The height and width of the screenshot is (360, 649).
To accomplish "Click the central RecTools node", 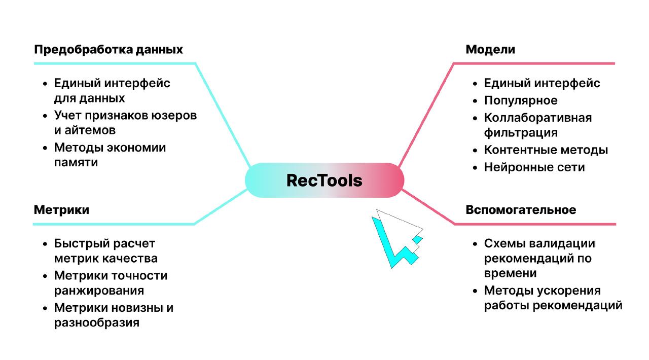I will click(x=324, y=180).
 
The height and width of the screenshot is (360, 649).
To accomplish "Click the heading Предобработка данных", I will click(x=109, y=50).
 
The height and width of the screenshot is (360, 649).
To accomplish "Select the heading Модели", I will click(x=490, y=50).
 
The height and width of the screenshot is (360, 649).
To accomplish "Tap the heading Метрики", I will click(x=61, y=210).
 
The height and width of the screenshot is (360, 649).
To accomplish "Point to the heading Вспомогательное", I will click(x=521, y=210).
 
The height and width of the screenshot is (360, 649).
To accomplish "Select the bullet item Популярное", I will click(x=521, y=100).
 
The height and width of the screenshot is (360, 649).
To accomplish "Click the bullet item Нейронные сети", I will click(x=534, y=167).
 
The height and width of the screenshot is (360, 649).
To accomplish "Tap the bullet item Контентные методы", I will click(x=546, y=150).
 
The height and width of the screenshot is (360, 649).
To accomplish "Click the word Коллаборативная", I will click(x=538, y=118).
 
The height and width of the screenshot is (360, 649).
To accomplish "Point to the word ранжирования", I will click(x=99, y=291).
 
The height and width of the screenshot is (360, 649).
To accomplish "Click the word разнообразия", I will click(x=96, y=322).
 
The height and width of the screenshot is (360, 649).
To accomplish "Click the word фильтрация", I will click(x=521, y=133).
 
